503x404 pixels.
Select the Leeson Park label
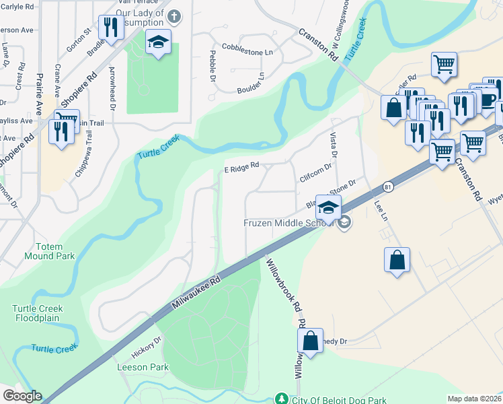143,367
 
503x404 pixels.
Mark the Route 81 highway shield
388,185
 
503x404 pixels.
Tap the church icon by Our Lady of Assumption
174,15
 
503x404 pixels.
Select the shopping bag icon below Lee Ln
397,259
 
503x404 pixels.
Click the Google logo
22,396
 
